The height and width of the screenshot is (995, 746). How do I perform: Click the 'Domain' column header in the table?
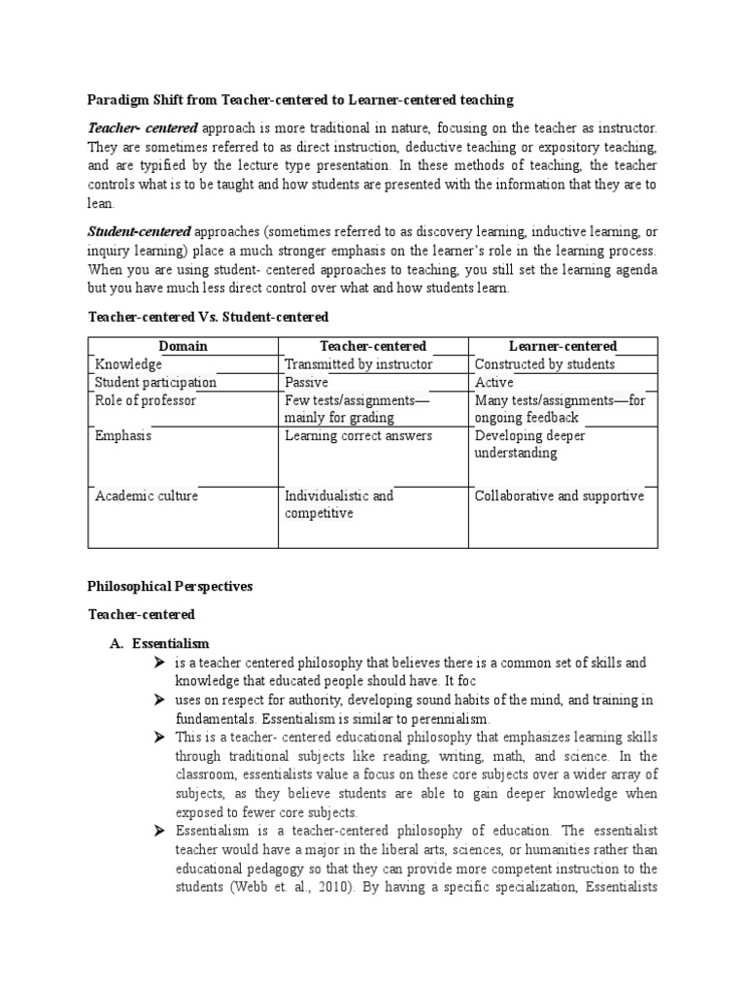pos(183,346)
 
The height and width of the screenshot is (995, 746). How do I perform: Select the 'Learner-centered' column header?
pos(562,346)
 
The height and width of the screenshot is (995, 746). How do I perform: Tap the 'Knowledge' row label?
pos(128,364)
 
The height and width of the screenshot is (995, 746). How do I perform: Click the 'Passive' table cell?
pos(307,383)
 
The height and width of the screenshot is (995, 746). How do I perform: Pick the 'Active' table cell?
pos(493,383)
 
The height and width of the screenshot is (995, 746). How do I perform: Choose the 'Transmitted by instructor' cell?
pos(358,364)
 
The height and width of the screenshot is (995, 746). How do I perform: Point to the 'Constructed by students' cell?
pos(544,364)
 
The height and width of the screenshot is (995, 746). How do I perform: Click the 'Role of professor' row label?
pos(145,400)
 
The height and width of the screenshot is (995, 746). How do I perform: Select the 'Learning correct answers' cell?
pos(358,436)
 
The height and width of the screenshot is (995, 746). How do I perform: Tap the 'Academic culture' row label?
pos(146,497)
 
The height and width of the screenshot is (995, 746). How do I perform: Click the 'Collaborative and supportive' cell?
pos(559,497)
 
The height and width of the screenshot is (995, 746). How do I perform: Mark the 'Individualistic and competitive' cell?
pos(339,504)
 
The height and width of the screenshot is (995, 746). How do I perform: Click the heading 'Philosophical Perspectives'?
pos(170,586)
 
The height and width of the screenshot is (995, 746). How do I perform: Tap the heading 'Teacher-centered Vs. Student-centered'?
pos(209,317)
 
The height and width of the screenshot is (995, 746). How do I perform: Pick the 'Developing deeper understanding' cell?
pos(529,444)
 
